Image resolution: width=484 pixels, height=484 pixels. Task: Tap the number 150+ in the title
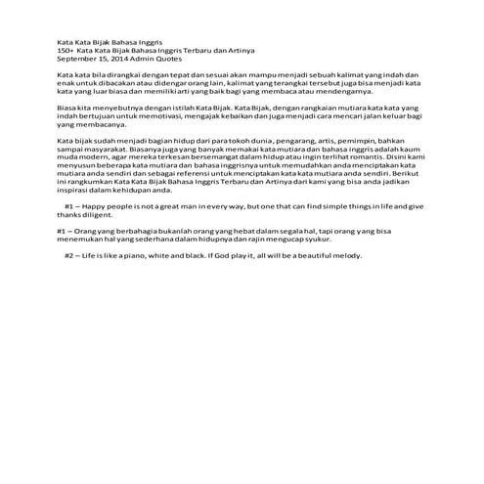click(66, 51)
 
